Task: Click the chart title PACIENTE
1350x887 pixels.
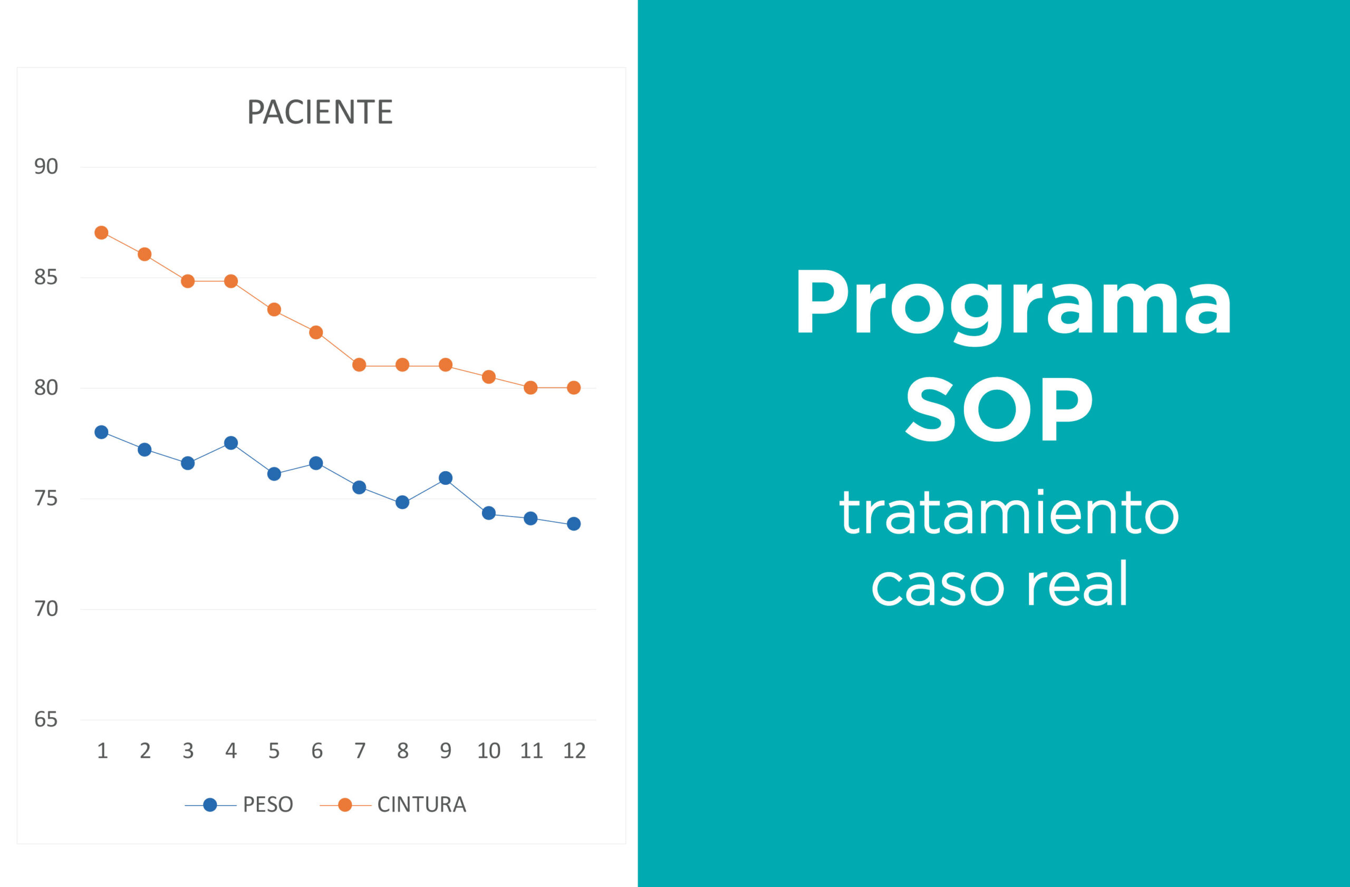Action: point(320,112)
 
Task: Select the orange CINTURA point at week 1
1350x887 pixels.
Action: point(102,233)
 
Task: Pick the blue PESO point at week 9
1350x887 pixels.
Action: point(446,478)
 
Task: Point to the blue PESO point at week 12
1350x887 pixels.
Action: point(574,524)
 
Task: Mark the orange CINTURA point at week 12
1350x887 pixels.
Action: point(574,388)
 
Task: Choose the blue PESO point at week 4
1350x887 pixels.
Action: point(231,443)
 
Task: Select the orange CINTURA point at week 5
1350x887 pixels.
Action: point(274,310)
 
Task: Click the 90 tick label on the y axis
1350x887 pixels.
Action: point(46,167)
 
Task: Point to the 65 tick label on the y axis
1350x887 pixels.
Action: point(46,720)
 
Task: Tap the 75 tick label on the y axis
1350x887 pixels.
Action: point(46,498)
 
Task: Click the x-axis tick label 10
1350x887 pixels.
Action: point(488,751)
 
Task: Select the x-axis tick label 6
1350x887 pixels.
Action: point(317,751)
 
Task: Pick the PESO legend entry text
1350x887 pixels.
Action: point(268,805)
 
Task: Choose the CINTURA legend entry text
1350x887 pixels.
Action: point(421,805)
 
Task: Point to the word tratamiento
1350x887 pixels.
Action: point(1010,513)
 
